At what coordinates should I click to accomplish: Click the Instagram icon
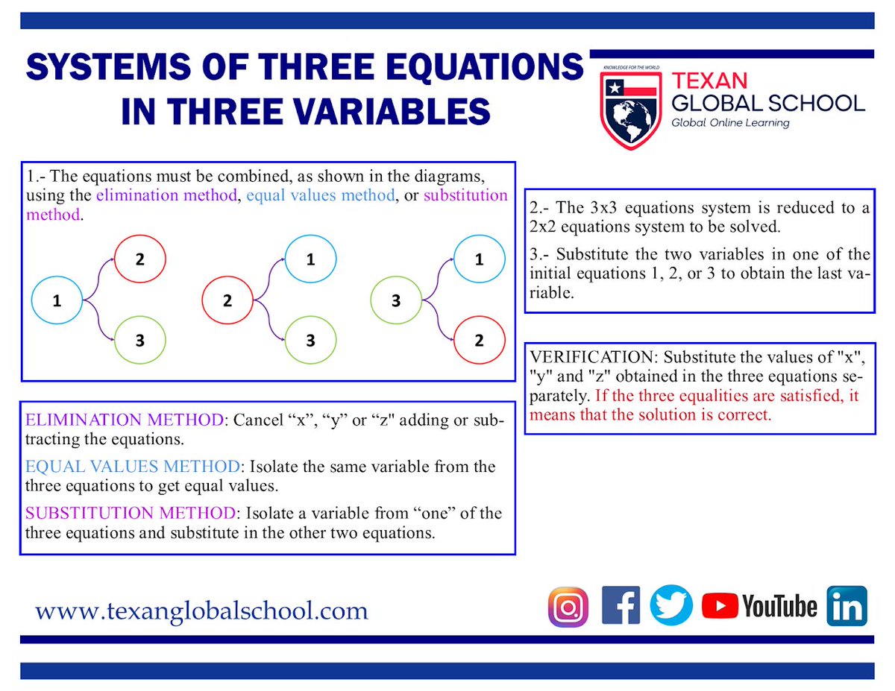point(568,606)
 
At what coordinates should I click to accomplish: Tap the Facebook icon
point(621,606)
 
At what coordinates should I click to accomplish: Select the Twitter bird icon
point(671,605)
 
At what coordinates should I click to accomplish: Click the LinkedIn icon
point(847,605)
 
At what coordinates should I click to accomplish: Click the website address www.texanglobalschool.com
point(201,611)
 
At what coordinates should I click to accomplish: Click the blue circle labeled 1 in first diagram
point(57,300)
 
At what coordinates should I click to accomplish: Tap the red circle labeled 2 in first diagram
point(139,259)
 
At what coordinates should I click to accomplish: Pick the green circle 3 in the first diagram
point(139,341)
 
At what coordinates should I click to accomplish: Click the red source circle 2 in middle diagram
point(227,300)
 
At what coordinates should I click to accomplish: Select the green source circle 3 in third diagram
point(396,301)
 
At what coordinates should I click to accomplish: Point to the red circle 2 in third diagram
point(479,341)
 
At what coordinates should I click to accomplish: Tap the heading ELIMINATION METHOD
point(124,420)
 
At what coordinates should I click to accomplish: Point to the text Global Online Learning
point(730,122)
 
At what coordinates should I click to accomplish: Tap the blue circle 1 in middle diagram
point(310,259)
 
